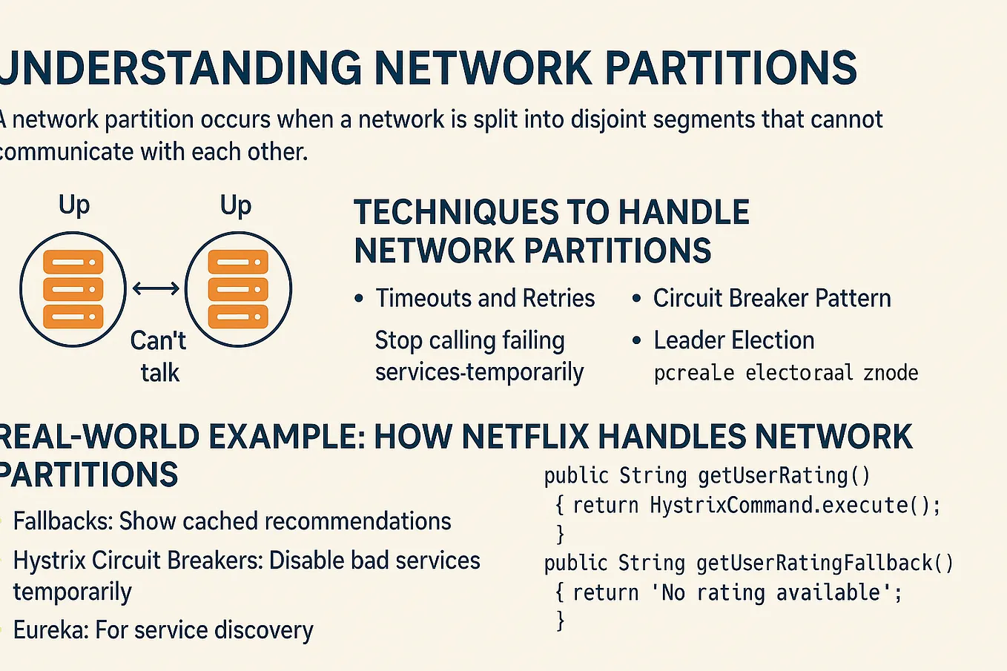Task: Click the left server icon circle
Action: tap(73, 289)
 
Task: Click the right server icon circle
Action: tap(237, 289)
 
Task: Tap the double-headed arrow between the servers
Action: tap(156, 288)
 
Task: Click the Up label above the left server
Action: tap(74, 205)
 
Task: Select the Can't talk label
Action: tap(159, 356)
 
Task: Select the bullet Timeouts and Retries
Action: tap(485, 298)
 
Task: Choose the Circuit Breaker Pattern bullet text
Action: tap(772, 298)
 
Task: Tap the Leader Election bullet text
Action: tap(733, 340)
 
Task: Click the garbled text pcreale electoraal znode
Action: tap(786, 372)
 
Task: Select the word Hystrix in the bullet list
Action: tap(50, 561)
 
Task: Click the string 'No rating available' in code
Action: tap(772, 593)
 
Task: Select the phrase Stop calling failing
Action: tap(469, 340)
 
